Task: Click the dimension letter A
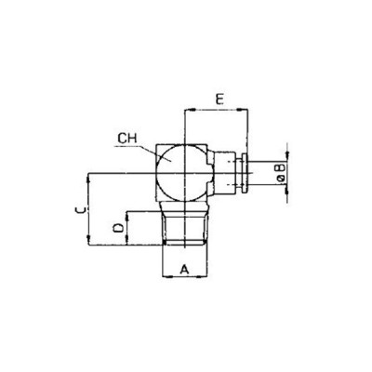[x=184, y=269]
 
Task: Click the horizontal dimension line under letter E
[x=219, y=110]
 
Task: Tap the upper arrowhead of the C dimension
[x=89, y=175]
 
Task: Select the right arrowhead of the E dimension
[x=248, y=110]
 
